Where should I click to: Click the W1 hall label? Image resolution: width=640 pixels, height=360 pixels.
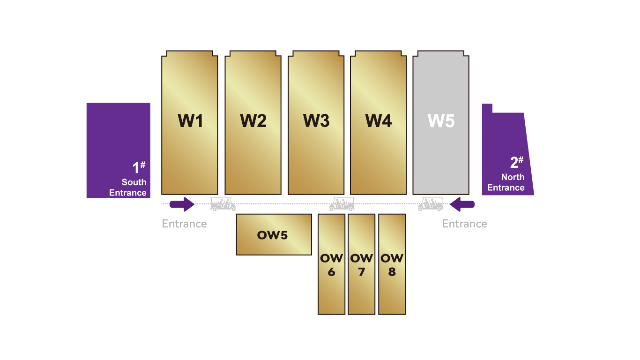(190, 121)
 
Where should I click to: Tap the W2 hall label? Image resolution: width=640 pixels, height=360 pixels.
(253, 121)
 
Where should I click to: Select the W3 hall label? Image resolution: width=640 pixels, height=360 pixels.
(316, 121)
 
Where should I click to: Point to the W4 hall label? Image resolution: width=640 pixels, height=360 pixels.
(379, 121)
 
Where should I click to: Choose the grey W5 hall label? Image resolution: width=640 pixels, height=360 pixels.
(441, 121)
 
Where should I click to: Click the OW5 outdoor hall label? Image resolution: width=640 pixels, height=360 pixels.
(272, 235)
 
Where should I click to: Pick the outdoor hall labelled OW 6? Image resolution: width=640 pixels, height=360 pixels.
(331, 265)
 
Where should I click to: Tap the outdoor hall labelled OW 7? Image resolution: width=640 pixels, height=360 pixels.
(361, 265)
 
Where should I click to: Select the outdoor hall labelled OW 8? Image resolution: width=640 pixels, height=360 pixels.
(392, 265)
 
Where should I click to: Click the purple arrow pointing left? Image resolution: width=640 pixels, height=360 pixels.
(462, 204)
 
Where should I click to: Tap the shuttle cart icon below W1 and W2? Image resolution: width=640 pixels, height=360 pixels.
(223, 204)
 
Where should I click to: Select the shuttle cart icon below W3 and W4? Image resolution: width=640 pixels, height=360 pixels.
(342, 204)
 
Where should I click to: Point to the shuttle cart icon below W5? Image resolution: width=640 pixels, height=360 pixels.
(431, 204)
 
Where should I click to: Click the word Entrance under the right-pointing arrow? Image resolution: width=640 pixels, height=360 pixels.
(184, 224)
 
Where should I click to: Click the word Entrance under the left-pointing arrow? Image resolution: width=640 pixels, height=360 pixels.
(464, 224)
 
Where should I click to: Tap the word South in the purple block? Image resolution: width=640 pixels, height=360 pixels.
(134, 182)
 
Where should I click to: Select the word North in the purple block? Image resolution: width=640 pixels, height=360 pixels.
(513, 177)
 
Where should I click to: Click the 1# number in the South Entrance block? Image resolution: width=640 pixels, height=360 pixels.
(139, 167)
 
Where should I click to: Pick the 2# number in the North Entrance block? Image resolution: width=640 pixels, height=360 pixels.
(517, 162)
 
